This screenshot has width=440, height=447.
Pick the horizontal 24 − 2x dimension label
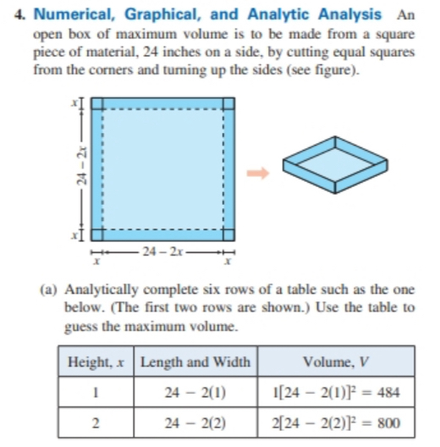click(x=162, y=251)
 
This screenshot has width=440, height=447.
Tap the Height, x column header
click(x=96, y=362)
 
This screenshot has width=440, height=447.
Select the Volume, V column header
click(x=336, y=362)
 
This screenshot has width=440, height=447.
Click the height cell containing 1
click(x=96, y=392)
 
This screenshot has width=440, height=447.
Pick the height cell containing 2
click(x=96, y=422)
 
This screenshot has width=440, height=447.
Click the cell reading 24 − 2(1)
click(x=195, y=392)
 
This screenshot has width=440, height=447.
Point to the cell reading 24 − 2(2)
click(x=195, y=422)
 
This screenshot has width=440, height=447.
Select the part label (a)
click(x=48, y=288)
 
